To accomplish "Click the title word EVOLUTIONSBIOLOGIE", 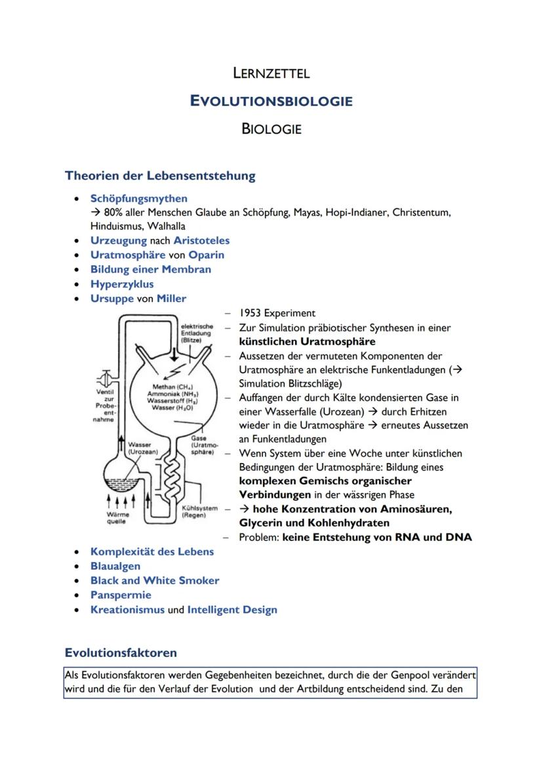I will point(271,101).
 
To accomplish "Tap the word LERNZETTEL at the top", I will point(271,73).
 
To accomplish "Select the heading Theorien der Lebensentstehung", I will point(160,176).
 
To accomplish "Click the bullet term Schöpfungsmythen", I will point(138,198).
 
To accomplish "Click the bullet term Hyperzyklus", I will point(122,284).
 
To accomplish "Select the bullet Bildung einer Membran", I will point(150,269).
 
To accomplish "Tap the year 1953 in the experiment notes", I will point(251,313).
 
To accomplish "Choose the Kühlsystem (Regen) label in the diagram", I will point(199,512).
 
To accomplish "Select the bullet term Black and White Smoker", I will point(155,580).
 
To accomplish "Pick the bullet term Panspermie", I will point(121,595).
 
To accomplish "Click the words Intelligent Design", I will point(232,610).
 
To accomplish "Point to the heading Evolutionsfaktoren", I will point(121,652).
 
